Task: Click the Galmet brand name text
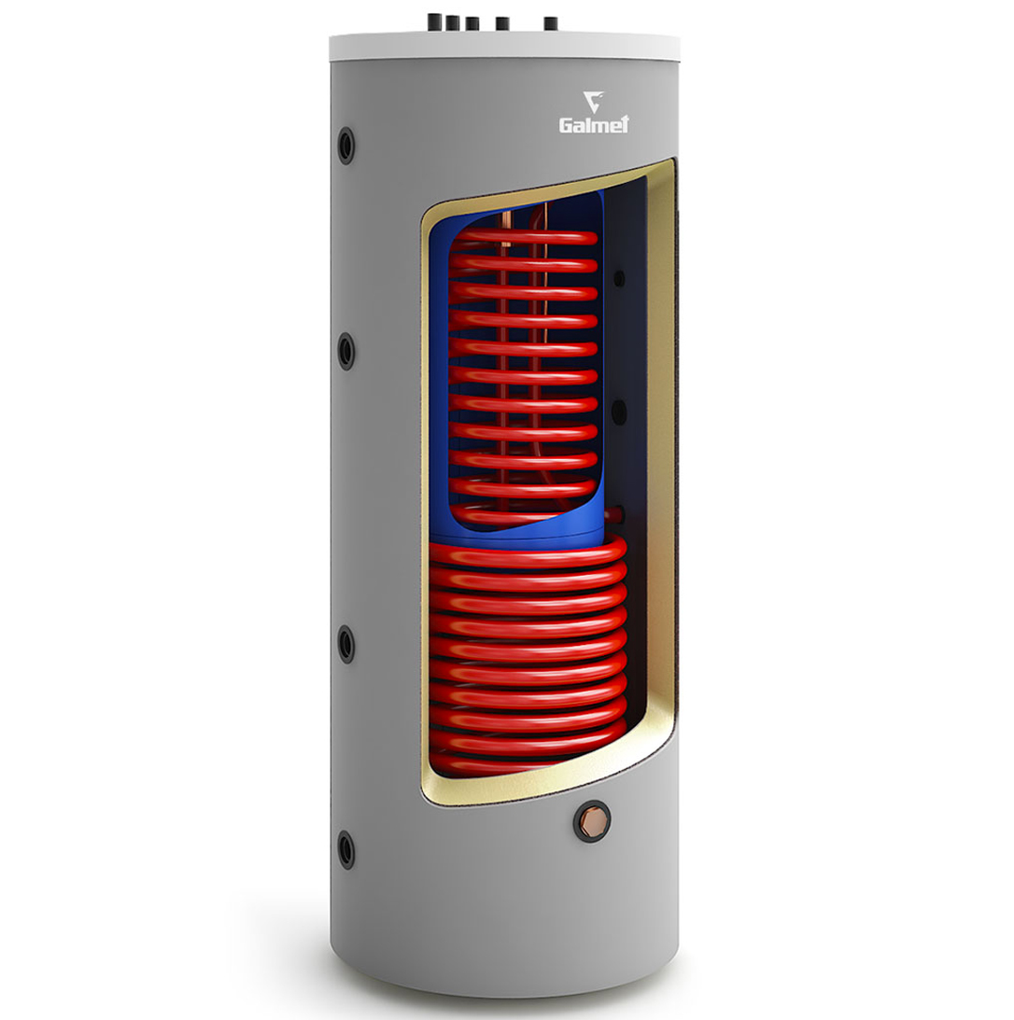point(594,124)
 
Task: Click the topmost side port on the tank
point(346,145)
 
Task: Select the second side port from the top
point(346,351)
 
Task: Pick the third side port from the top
point(346,644)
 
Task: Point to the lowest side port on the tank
point(346,849)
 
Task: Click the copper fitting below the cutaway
point(592,822)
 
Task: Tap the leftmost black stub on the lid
point(434,22)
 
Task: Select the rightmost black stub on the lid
point(551,24)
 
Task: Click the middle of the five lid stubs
point(472,23)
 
